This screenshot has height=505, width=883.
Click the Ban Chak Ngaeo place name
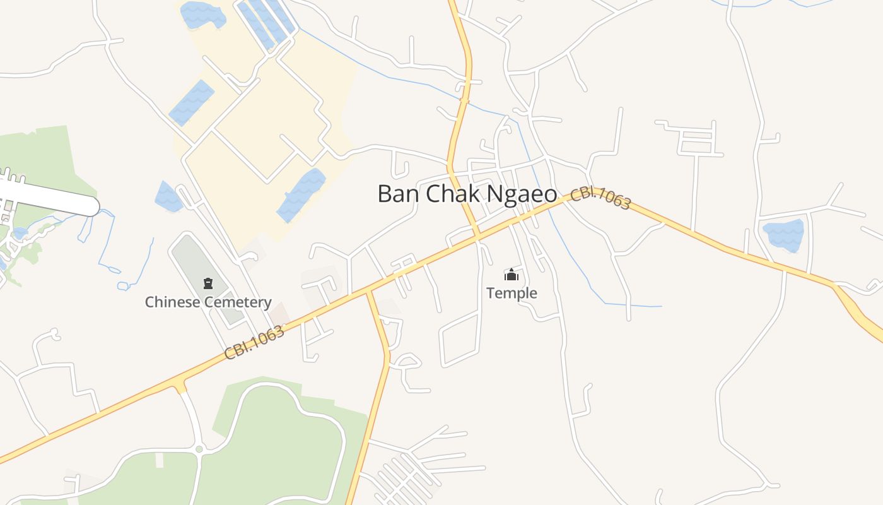(467, 194)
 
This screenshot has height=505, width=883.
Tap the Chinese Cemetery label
(208, 302)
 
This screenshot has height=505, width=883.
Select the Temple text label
(512, 293)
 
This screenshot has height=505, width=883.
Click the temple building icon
(511, 275)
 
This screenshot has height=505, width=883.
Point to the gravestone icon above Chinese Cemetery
(208, 283)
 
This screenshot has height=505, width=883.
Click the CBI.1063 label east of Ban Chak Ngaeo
(600, 198)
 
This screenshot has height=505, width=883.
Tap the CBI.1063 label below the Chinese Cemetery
(254, 343)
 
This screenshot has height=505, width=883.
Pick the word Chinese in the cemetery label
(172, 302)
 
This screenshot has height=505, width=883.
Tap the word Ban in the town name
(399, 194)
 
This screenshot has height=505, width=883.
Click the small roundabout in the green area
(199, 449)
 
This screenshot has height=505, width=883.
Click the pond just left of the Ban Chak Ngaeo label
(301, 194)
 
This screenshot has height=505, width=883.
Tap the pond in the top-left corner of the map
(202, 14)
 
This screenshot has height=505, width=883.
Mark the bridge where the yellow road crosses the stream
(465, 100)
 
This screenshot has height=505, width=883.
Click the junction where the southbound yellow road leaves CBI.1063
(369, 293)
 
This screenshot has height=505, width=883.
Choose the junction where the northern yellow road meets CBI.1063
(477, 237)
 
